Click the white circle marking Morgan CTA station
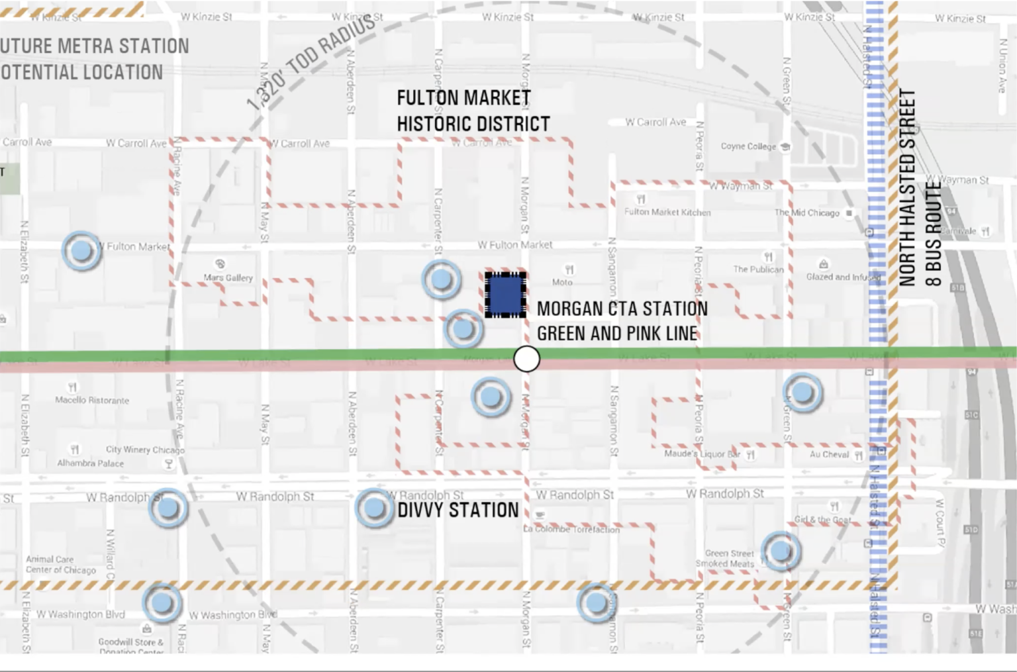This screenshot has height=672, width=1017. tap(527, 359)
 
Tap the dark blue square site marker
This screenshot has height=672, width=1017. tap(505, 295)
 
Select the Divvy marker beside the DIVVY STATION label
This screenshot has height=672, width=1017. tap(375, 508)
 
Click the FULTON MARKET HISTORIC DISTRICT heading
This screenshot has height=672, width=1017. tap(473, 111)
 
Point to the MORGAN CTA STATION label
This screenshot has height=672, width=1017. tap(622, 309)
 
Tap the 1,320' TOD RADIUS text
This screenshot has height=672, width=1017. tap(311, 62)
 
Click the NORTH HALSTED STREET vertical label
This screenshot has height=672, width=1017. tap(907, 187)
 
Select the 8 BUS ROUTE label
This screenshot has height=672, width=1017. tap(932, 234)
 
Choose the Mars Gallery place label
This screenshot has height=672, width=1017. tap(228, 278)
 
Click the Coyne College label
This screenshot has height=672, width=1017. tap(748, 146)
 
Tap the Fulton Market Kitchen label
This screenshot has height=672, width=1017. tap(667, 213)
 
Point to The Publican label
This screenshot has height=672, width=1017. tap(758, 269)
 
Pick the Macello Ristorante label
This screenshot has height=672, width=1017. tap(92, 400)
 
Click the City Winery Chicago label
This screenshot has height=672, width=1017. tap(145, 450)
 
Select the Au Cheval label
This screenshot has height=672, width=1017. tap(829, 455)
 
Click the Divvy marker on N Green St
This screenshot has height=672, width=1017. tap(802, 393)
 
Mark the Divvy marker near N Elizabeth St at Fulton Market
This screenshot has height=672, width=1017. tap(81, 251)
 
